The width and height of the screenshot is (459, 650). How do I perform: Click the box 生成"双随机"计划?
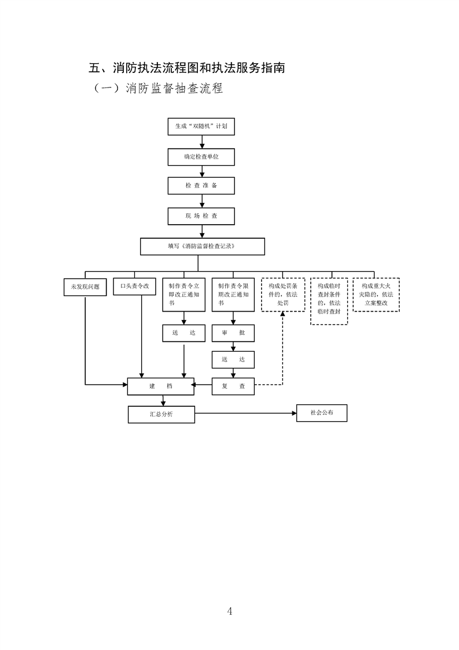201,126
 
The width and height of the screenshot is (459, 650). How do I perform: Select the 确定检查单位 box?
201,157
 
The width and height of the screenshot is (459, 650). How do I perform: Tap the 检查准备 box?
201,185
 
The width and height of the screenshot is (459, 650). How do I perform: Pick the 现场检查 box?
201,216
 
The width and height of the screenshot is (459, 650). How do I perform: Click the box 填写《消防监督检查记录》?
202,246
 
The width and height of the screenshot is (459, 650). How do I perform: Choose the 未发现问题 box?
85,287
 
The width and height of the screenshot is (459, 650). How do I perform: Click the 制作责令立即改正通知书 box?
184,294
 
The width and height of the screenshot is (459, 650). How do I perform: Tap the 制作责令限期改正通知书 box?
233,294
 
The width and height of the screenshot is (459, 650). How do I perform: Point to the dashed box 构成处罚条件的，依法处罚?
282,294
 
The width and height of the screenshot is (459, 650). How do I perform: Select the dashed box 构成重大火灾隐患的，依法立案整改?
376,294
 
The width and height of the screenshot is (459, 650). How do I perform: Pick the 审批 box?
233,334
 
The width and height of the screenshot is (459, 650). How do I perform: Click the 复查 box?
233,386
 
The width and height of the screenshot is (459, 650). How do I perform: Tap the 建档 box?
161,386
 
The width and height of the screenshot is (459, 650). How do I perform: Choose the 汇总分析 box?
161,414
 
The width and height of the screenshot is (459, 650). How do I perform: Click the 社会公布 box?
321,413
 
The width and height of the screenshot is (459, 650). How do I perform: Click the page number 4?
230,611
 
